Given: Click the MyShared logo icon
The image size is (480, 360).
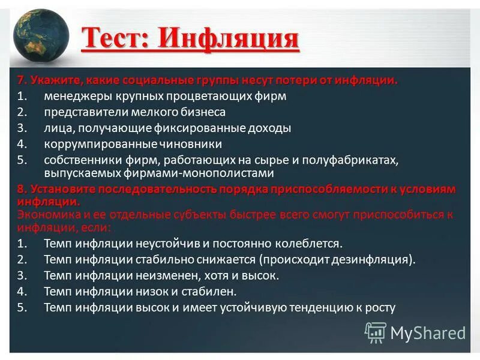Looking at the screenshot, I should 376,332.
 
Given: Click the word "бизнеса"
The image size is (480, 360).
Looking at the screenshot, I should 202,112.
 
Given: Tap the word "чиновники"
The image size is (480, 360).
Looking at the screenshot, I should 190,145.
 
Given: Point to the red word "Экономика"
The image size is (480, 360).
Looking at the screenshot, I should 45,214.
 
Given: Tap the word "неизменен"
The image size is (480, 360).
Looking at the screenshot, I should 173,276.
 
